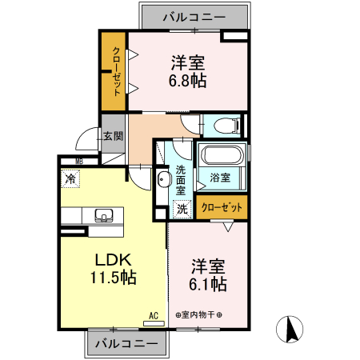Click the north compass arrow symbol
point(292,329)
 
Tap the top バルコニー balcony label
point(194,16)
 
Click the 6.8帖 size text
point(189,81)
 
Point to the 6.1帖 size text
point(208,284)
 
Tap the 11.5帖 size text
point(112,278)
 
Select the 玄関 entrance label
point(112,136)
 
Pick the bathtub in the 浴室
point(222,156)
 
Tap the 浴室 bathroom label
point(220,176)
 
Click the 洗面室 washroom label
point(181,180)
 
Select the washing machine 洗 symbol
point(182,209)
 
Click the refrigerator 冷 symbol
point(71,181)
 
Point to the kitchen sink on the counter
point(103,215)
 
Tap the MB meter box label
point(79,161)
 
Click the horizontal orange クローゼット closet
point(222,207)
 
